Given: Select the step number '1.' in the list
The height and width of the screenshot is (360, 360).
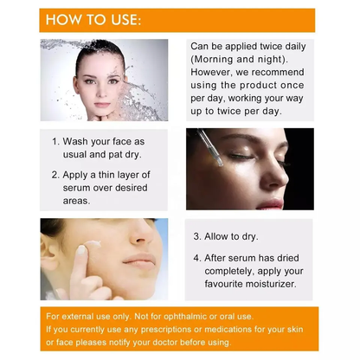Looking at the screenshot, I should click(56, 141).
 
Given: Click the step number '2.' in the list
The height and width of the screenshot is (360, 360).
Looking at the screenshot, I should click(56, 174).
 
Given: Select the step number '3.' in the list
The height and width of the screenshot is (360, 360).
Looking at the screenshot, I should click(197, 236).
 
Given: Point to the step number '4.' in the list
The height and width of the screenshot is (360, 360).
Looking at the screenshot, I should click(197, 257).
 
